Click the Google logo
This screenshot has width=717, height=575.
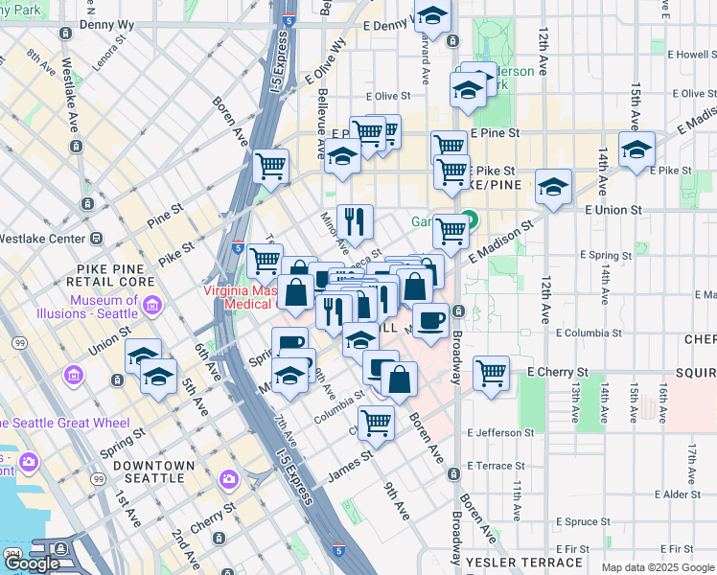[x=33, y=563]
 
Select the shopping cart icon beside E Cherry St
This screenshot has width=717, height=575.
[x=491, y=372]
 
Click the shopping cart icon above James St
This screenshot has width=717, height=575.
[x=377, y=421]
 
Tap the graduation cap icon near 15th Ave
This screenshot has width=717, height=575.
[x=636, y=149]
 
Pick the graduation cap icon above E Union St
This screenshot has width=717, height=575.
[x=553, y=186]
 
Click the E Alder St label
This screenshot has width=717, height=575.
[x=677, y=494]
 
